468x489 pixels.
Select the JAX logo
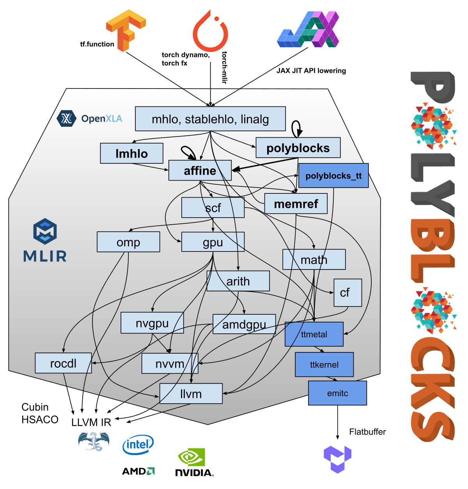(308, 30)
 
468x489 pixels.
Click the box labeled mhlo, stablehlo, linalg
(210, 119)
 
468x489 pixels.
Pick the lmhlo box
(132, 153)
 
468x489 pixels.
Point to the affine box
(200, 170)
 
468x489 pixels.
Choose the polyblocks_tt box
(333, 176)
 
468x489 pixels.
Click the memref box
(296, 204)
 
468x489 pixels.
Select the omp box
(128, 242)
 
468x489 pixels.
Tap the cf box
(347, 292)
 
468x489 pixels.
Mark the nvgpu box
(152, 323)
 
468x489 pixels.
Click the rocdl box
(63, 363)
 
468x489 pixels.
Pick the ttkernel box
(324, 365)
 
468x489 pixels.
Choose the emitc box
(337, 393)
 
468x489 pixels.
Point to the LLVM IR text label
(91, 422)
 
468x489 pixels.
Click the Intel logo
(138, 445)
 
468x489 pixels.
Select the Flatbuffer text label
(367, 432)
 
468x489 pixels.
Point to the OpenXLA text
(101, 119)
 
